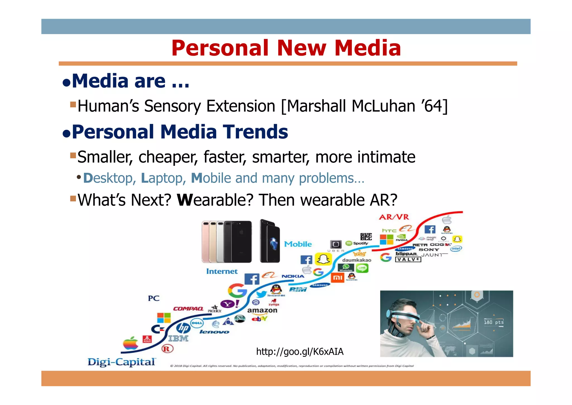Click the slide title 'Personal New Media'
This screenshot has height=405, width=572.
(286, 48)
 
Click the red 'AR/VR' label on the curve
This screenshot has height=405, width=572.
(394, 217)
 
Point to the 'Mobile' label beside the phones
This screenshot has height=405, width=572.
(298, 244)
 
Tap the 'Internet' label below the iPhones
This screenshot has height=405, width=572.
(222, 271)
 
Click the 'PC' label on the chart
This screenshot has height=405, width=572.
(154, 298)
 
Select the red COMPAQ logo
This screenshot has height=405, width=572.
(188, 309)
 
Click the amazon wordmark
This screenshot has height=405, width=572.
(262, 310)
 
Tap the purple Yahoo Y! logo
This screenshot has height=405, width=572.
(230, 304)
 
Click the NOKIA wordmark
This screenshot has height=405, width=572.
(293, 276)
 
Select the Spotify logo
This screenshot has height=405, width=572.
(357, 243)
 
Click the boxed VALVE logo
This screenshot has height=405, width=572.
(408, 259)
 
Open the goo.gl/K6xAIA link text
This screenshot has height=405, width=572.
(300, 352)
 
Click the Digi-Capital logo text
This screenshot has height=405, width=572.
(121, 362)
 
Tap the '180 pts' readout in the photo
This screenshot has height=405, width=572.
(494, 322)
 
